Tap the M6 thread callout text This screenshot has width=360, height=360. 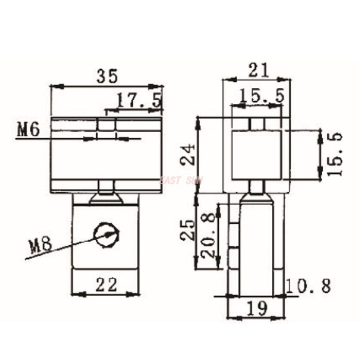(29, 130)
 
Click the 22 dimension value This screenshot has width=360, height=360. (106, 284)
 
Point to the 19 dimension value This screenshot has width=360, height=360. (257, 308)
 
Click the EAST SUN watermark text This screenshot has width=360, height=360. (182, 180)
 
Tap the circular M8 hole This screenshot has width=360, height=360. (107, 234)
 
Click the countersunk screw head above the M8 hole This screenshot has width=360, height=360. (106, 197)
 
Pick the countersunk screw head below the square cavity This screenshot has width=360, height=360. (256, 197)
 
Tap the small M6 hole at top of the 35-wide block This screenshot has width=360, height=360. (106, 125)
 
